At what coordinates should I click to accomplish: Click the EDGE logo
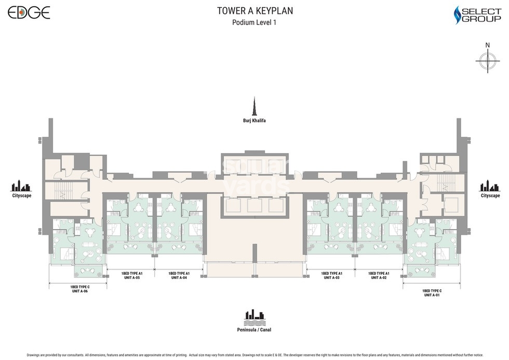click(29, 12)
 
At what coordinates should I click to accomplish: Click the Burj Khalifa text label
click(254, 121)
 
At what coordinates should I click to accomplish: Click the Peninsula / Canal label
click(254, 330)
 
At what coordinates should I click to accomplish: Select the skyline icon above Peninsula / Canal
click(254, 316)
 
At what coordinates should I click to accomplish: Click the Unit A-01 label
click(432, 295)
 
